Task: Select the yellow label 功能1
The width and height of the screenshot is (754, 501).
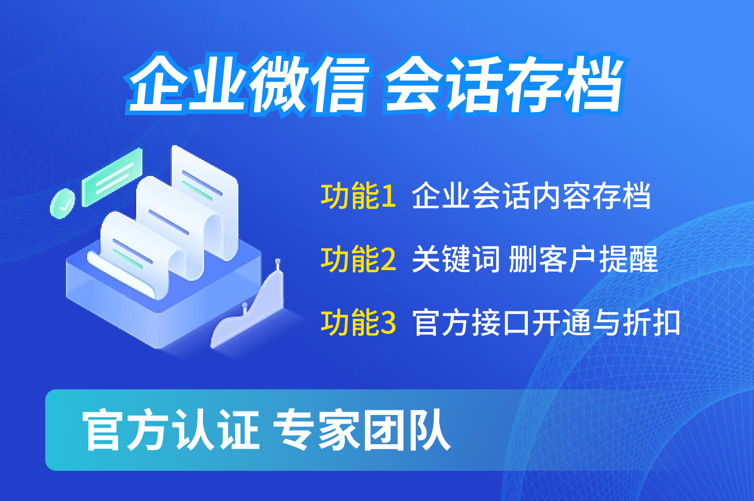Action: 358,196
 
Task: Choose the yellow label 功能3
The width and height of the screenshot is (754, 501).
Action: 358,322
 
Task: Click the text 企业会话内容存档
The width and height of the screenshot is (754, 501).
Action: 531,196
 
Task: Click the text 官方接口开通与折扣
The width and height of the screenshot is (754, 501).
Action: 546,322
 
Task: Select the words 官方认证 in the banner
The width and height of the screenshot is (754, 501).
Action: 171,430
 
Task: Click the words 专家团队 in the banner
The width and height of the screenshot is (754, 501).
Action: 361,430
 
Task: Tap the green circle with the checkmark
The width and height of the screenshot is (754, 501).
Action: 62,204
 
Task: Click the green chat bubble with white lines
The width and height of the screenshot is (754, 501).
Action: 113,177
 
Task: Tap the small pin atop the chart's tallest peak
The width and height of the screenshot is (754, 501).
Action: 277,264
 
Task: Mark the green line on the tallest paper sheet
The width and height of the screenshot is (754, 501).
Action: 197,191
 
